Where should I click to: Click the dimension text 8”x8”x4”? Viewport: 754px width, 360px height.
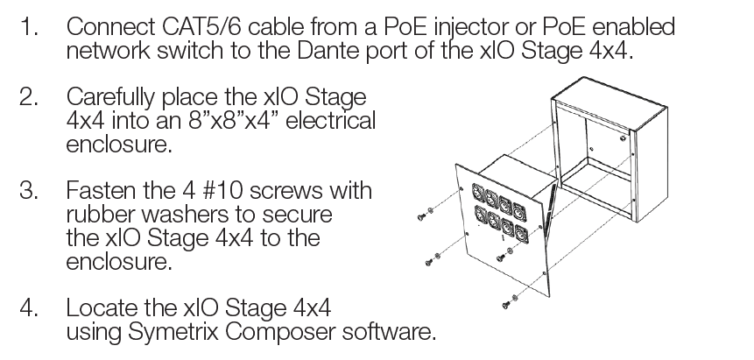[x=234, y=120]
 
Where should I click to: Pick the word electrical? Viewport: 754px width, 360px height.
[x=330, y=120]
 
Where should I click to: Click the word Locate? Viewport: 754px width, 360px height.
[x=101, y=307]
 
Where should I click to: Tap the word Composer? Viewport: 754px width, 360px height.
[x=281, y=333]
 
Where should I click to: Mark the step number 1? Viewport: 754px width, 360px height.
[x=27, y=27]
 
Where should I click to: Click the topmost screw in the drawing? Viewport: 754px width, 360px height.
[x=422, y=217]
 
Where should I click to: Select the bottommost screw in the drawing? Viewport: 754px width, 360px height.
[x=506, y=304]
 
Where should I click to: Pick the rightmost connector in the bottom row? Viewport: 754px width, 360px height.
[x=520, y=235]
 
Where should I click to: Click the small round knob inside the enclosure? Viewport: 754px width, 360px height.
[x=623, y=139]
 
